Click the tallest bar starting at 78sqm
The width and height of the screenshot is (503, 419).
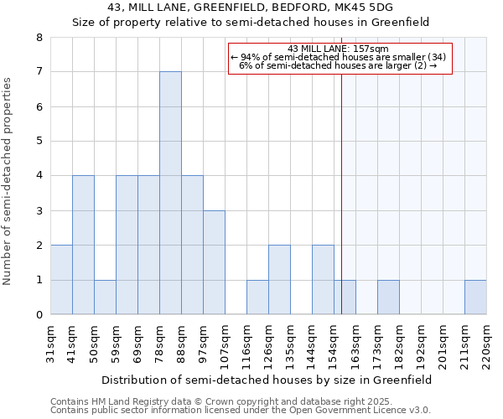point(170,193)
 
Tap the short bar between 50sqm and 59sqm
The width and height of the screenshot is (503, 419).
point(105,297)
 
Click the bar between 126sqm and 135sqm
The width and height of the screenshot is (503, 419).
point(279,280)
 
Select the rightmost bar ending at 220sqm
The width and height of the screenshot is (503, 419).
point(475,297)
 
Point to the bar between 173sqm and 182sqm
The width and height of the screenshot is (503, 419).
point(388,297)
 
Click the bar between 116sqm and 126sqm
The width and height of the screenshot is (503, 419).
point(257,297)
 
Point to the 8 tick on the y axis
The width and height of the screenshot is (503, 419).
point(39,38)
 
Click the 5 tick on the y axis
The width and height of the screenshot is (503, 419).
point(39,142)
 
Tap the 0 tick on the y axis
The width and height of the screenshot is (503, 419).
point(39,315)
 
